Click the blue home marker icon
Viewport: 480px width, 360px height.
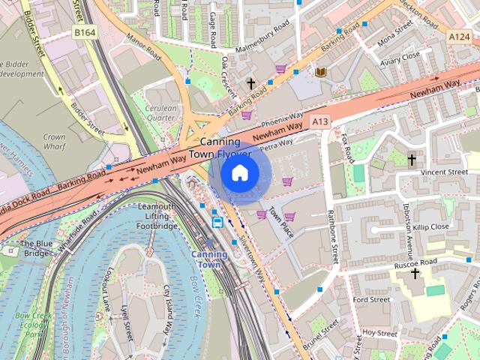click(x=239, y=173)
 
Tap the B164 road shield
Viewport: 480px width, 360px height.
click(x=85, y=32)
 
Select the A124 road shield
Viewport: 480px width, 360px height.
click(x=459, y=36)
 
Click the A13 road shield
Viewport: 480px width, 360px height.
click(x=321, y=121)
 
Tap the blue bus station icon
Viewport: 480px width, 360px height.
click(x=217, y=221)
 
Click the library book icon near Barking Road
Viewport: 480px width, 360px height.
click(x=320, y=71)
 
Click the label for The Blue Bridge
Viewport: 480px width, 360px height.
click(x=35, y=248)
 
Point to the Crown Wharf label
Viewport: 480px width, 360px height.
click(x=54, y=142)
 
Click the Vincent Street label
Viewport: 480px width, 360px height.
click(x=444, y=172)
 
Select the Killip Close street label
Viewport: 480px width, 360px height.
click(x=430, y=226)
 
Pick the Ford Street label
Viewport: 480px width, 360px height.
click(x=371, y=300)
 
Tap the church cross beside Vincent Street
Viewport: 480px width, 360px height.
click(x=412, y=160)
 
